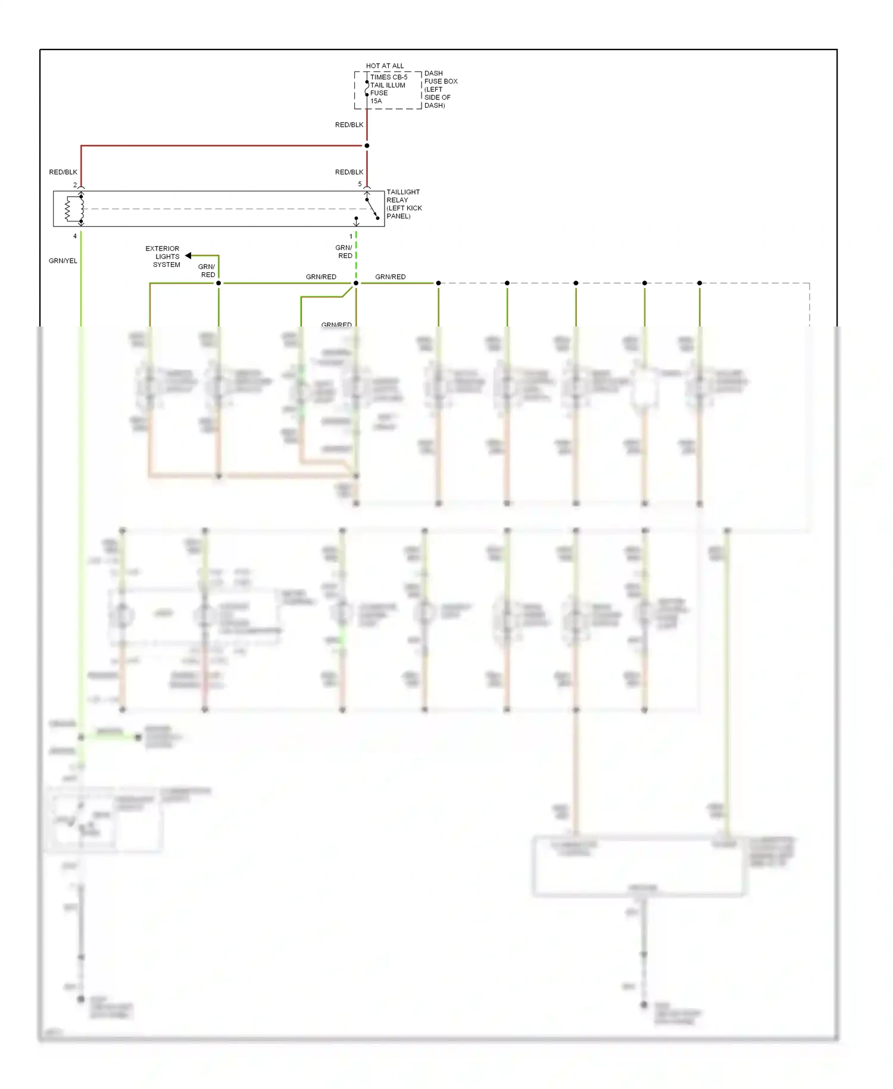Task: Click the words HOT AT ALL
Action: pyautogui.click(x=385, y=66)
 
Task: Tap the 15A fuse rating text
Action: pyautogui.click(x=376, y=101)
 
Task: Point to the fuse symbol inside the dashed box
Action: pyautogui.click(x=367, y=88)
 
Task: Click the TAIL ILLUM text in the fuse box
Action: pyautogui.click(x=388, y=85)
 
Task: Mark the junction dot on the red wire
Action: pyautogui.click(x=367, y=145)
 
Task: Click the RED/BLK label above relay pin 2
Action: pyautogui.click(x=63, y=172)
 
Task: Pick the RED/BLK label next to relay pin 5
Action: pyautogui.click(x=349, y=172)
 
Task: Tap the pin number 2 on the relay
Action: pyautogui.click(x=75, y=185)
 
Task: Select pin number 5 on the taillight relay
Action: pyautogui.click(x=360, y=184)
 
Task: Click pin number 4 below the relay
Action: pyautogui.click(x=75, y=237)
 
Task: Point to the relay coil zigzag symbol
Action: pyautogui.click(x=68, y=209)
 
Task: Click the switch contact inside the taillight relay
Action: pyautogui.click(x=372, y=209)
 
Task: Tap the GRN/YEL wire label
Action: pyautogui.click(x=63, y=261)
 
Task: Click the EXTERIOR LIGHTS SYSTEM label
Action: pyautogui.click(x=163, y=257)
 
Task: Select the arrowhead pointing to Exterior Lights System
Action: pyautogui.click(x=188, y=256)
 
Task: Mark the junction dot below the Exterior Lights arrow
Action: pyautogui.click(x=218, y=283)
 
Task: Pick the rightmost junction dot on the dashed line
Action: pyautogui.click(x=700, y=283)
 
